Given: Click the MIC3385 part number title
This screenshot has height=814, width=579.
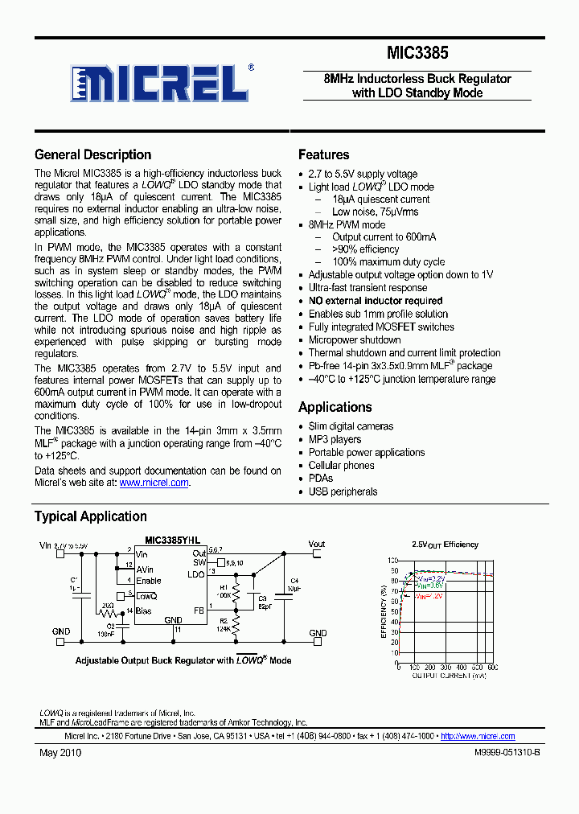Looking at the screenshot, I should coord(417,54).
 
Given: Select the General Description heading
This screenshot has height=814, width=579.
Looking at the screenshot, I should coord(92,154).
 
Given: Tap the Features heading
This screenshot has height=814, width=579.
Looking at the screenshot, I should coord(323,154).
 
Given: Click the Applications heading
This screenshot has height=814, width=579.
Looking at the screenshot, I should coord(335,407).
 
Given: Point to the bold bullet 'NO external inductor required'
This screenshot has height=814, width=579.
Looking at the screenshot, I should coord(375,301).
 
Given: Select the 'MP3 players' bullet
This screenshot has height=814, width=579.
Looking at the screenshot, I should coord(335,439).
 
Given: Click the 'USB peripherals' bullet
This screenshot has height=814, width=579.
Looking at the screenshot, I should coord(343,491).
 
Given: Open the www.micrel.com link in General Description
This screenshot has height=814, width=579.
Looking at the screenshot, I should coord(154,483).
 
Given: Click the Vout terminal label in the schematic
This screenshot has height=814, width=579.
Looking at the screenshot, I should coord(316,545).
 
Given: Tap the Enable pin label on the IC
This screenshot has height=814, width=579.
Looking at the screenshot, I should coord(149,580).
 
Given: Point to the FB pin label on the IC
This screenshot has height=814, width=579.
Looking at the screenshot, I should coord(199,611).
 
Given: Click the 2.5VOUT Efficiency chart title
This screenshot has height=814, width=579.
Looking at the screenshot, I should coord(445,545).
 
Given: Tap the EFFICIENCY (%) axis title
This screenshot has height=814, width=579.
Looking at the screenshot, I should coord(384,611).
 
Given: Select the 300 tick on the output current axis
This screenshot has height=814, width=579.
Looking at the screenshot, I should coord(445,668).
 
